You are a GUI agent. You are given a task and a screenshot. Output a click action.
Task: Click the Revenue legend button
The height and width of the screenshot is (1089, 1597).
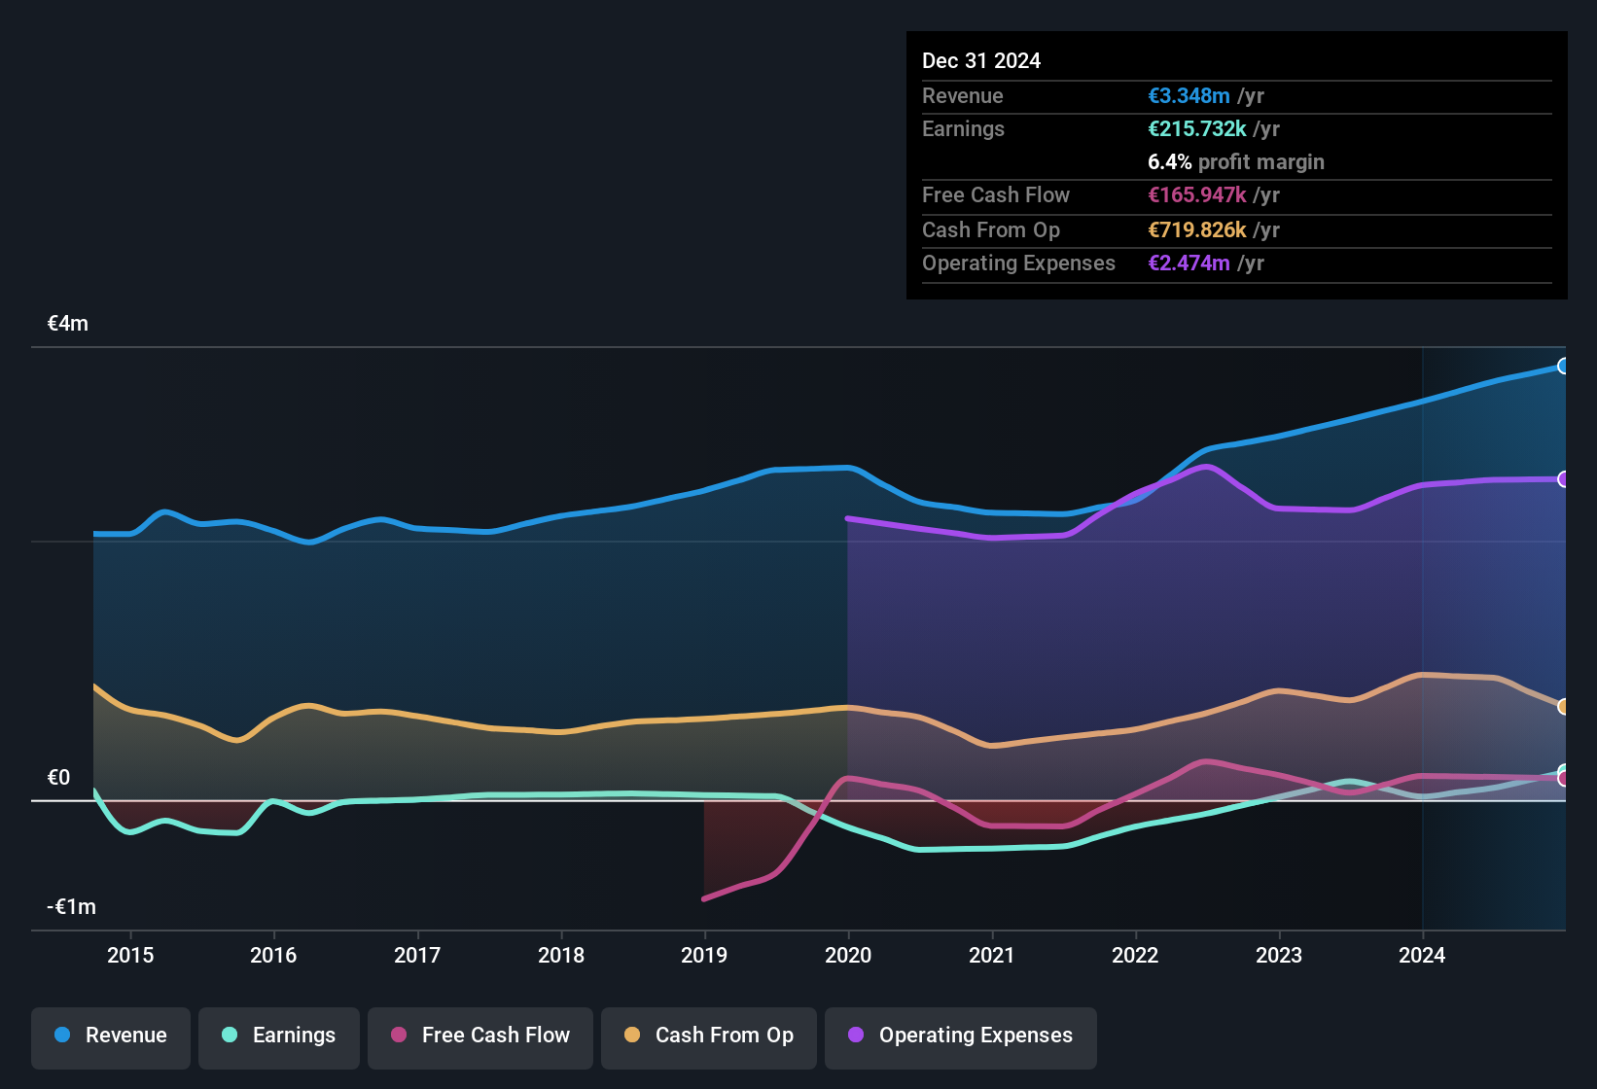click(111, 1036)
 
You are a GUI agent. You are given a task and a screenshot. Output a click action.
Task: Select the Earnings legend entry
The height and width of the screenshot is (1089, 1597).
click(279, 1036)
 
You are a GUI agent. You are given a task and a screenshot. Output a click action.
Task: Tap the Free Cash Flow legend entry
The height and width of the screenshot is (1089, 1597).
click(480, 1036)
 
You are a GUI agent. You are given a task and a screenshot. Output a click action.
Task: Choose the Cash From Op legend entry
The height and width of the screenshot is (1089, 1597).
click(709, 1036)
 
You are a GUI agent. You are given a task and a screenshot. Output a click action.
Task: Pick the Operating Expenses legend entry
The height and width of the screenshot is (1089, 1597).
click(961, 1036)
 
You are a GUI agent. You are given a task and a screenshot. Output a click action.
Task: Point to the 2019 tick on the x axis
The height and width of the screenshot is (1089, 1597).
click(704, 955)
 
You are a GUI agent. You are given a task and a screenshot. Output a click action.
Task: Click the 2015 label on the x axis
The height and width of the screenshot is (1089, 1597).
click(130, 955)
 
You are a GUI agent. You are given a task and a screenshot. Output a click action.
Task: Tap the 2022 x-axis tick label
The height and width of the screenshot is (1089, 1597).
click(1135, 955)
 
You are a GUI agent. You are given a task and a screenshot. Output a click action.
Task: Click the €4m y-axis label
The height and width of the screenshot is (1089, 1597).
click(68, 324)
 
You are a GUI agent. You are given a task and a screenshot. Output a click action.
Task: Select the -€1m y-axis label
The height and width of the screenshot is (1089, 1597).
click(72, 907)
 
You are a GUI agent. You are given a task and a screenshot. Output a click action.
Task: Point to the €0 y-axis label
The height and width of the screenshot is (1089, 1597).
click(58, 778)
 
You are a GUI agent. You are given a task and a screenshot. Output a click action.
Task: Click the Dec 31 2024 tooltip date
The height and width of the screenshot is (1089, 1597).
click(981, 61)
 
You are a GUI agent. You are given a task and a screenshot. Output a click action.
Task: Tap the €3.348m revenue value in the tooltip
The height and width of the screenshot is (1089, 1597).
click(1189, 96)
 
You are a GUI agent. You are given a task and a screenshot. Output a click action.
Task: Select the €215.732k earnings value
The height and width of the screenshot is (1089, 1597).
click(1196, 129)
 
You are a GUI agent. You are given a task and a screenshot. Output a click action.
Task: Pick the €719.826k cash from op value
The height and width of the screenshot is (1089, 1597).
click(1196, 230)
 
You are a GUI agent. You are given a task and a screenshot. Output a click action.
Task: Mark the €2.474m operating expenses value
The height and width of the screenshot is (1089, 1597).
click(1189, 263)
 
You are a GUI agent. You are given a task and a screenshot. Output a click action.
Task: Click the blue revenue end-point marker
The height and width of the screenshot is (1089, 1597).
click(1563, 367)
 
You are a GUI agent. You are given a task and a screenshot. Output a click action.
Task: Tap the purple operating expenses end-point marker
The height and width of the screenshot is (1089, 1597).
click(1563, 479)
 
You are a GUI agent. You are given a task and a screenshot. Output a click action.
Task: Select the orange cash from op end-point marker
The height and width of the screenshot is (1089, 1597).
click(1563, 707)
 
